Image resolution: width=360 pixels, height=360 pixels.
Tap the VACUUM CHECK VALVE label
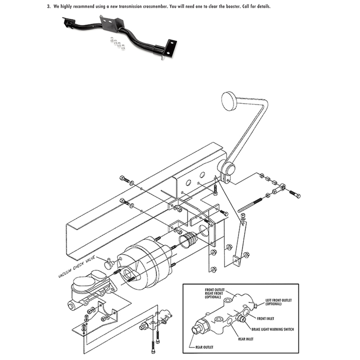(77, 266)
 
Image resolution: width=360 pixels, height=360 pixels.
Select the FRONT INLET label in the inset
(266, 319)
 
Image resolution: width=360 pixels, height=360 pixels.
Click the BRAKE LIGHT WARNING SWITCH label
(272, 329)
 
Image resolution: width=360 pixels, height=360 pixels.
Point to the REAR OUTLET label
(204, 347)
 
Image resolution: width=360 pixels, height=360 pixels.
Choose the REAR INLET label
(246, 339)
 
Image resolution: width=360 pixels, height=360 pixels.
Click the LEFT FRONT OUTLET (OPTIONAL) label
(278, 302)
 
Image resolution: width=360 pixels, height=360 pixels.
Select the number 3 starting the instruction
(48, 6)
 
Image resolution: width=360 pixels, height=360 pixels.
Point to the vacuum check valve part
(110, 263)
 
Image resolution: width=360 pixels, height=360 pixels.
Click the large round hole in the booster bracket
(203, 230)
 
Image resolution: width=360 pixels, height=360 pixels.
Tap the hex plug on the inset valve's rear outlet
(196, 330)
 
